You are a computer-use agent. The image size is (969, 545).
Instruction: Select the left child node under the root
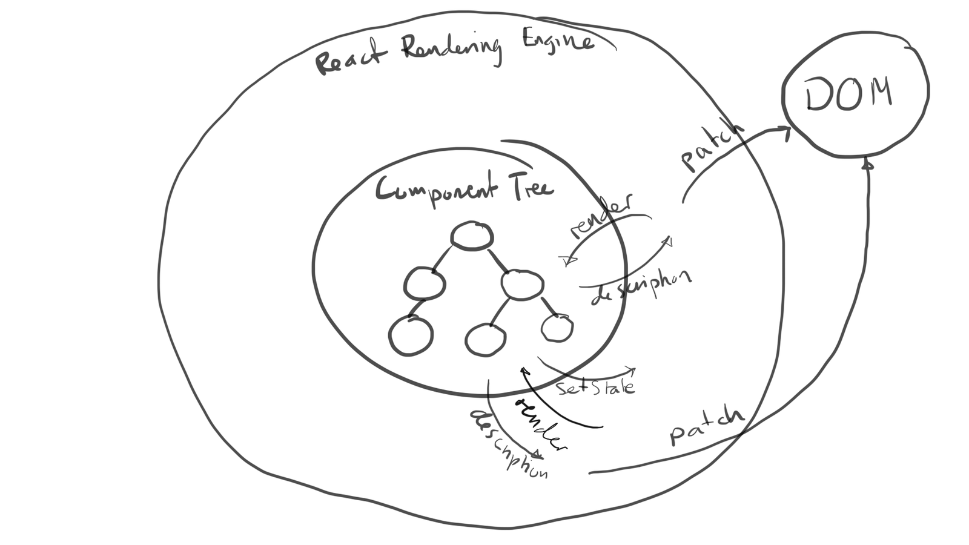pyautogui.click(x=425, y=283)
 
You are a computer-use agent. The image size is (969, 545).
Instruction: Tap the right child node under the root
pyautogui.click(x=523, y=283)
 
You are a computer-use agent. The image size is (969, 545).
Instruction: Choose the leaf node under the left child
pyautogui.click(x=411, y=335)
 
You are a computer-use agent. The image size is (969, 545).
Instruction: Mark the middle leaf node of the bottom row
pyautogui.click(x=486, y=340)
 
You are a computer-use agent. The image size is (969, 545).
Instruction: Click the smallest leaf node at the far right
pyautogui.click(x=557, y=328)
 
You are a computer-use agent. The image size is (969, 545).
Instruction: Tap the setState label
pyautogui.click(x=596, y=386)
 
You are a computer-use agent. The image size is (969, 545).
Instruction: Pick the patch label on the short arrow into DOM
pyautogui.click(x=712, y=148)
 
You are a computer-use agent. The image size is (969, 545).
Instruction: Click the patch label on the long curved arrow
pyautogui.click(x=706, y=428)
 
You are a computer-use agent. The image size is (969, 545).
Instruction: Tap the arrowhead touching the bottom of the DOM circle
pyautogui.click(x=868, y=163)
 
